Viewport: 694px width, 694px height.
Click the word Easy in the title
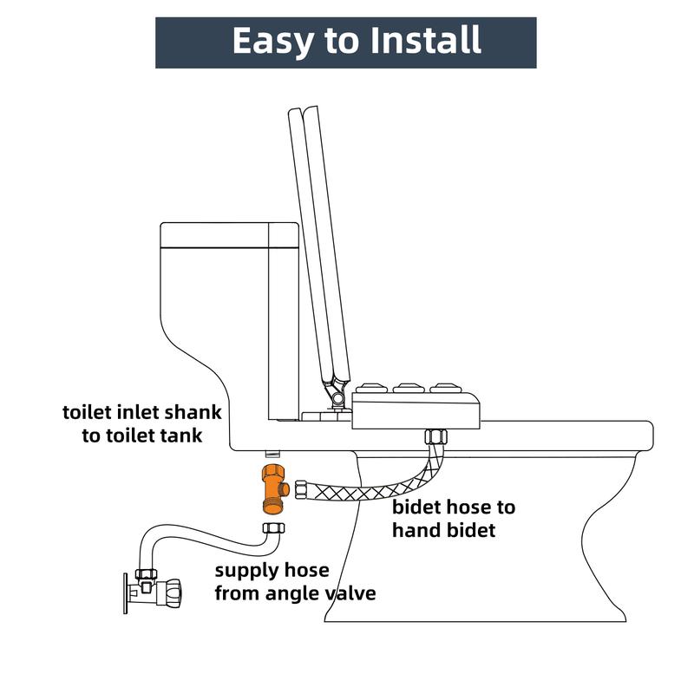(x=272, y=41)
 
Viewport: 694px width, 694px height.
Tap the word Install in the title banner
(x=426, y=40)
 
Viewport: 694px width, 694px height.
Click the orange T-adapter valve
(x=274, y=489)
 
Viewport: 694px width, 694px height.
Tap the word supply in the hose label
(x=245, y=572)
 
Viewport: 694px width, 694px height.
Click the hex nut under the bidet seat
(x=436, y=437)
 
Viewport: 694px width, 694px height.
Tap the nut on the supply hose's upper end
(x=274, y=527)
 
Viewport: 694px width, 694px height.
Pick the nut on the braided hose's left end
(x=301, y=490)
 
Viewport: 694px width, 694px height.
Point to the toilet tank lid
(x=229, y=235)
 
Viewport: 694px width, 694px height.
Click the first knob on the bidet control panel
(x=371, y=388)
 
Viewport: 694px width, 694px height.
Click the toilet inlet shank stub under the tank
(x=272, y=454)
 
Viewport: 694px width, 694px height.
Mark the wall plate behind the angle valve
(x=125, y=594)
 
